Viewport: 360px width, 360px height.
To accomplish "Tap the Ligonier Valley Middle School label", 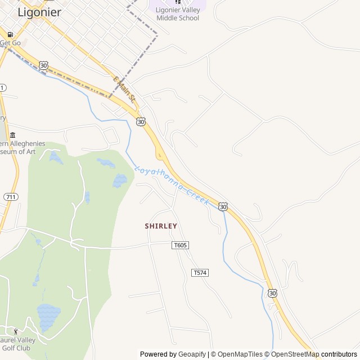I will point(178,14).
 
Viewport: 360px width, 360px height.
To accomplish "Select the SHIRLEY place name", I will point(161,226).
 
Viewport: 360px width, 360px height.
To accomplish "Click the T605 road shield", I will point(180,245).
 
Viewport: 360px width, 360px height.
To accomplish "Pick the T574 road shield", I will point(200,273).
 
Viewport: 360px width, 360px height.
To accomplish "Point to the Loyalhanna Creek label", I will point(172,184).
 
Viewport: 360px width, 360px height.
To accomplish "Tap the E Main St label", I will point(125,89).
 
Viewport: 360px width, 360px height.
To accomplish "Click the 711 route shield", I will point(11,197).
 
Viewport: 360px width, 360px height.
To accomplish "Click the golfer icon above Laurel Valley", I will point(16,331).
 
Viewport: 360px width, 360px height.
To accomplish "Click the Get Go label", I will point(10,43).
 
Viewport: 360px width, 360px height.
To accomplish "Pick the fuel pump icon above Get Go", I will point(10,34).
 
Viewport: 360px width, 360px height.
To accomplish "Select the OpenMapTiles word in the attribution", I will point(240,354).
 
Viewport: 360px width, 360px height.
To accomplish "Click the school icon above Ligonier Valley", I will point(178,2).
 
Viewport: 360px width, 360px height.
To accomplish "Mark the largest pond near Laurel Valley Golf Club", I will point(48,311).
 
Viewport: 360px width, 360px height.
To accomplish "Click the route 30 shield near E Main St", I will point(141,121).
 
